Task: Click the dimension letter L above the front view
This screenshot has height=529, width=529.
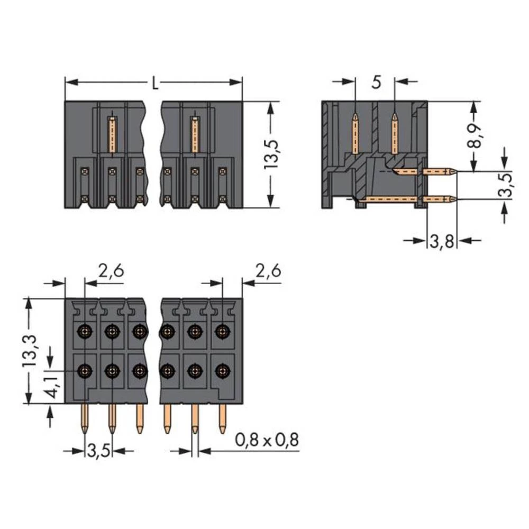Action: coord(154,83)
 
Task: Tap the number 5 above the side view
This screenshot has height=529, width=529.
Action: coord(376,83)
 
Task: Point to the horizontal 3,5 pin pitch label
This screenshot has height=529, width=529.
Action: coord(98,451)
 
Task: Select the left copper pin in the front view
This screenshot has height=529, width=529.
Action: coord(112,135)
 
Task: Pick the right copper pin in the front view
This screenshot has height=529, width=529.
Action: coord(195,135)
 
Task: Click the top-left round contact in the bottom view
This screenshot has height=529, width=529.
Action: coord(84,332)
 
